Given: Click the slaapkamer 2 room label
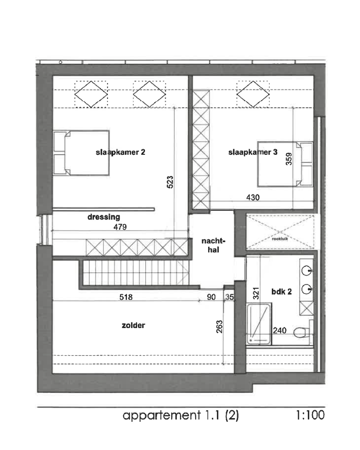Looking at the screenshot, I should coord(120,153).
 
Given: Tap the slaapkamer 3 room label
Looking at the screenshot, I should coord(253,152).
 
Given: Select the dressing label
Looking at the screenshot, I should coord(104,217).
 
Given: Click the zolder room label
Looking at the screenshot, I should coord(133,325).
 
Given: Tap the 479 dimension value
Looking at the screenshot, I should coord(120,227).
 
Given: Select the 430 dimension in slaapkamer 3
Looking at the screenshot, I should coord(253,197).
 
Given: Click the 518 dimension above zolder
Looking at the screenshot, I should coord(126,297).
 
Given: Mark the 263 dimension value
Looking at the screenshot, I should coord(219,326).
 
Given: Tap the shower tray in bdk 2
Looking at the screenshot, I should coord(259,323).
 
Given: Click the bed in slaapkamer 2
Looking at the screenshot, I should coord(81,153).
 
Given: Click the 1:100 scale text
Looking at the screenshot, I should coord(310,415).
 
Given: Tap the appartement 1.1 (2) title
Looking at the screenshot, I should coord(181,415).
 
